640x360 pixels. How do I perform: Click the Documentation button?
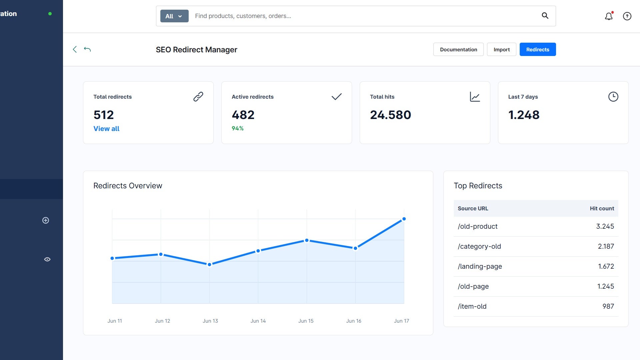[x=458, y=49]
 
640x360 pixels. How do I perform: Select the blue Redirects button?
[x=538, y=49]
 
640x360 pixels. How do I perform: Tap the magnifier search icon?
[x=545, y=16]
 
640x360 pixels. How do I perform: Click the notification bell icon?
[x=609, y=16]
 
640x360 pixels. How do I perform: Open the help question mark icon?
[x=627, y=16]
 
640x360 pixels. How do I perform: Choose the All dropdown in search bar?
[x=174, y=16]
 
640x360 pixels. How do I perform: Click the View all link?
[x=106, y=129]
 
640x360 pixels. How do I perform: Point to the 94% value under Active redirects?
[x=238, y=128]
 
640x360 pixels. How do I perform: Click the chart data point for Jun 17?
[x=404, y=219]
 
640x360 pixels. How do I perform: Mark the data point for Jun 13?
[x=209, y=265]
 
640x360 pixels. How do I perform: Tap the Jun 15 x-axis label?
[x=306, y=321]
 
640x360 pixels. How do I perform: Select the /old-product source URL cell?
[x=477, y=226]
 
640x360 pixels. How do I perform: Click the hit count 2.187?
[x=606, y=246]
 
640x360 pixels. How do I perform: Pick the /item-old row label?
[x=472, y=306]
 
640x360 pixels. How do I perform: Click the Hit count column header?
[x=602, y=208]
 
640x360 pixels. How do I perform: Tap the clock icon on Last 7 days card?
[x=613, y=97]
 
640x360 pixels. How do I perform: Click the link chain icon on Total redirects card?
[x=198, y=97]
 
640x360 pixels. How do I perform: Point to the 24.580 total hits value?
[x=390, y=115]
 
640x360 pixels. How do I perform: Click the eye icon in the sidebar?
[x=47, y=259]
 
